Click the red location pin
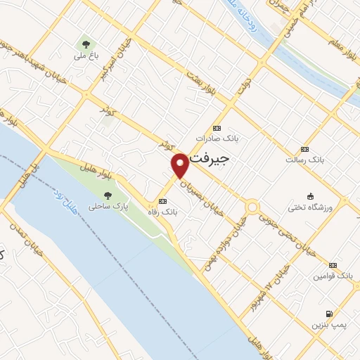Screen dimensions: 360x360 pyautogui.click(x=180, y=164)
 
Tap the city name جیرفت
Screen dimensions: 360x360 pyautogui.click(x=210, y=160)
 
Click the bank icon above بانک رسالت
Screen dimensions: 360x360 pyautogui.click(x=304, y=149)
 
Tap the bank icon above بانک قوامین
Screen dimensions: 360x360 pyautogui.click(x=333, y=265)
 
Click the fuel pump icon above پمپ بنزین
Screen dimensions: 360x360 pyautogui.click(x=328, y=313)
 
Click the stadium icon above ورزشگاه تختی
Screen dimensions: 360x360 pyautogui.click(x=310, y=195)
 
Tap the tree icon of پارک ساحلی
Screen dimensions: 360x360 pyautogui.click(x=107, y=195)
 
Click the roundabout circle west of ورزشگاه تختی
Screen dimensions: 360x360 pyautogui.click(x=252, y=207)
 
